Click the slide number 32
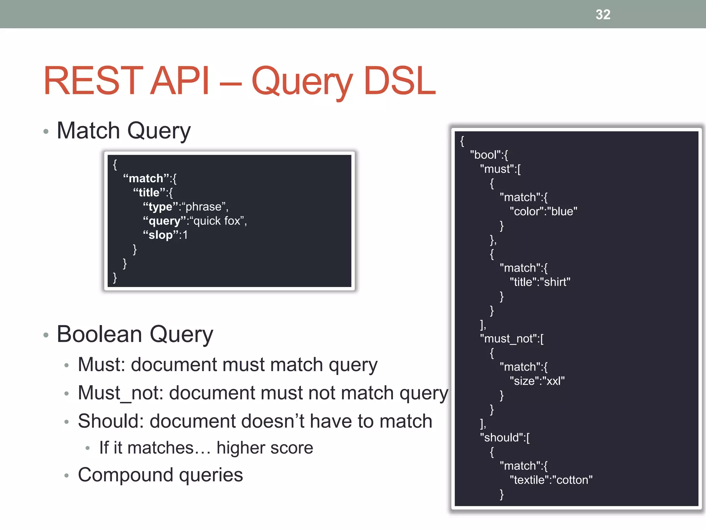[x=603, y=14]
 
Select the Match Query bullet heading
[x=123, y=131]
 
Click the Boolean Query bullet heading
[x=135, y=334]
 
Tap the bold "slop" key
[x=160, y=235]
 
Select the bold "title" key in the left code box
[x=149, y=193]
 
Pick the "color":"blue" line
[x=543, y=212]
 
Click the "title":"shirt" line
[x=540, y=282]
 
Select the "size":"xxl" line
[x=537, y=381]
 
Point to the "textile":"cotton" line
[x=551, y=480]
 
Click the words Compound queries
[x=160, y=475]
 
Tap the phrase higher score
[x=265, y=448]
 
